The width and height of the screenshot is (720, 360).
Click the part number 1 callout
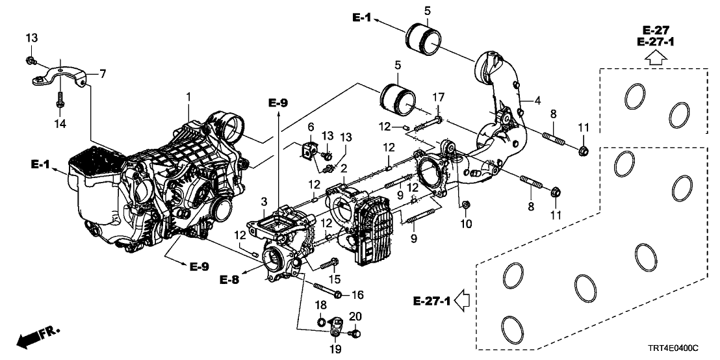188,97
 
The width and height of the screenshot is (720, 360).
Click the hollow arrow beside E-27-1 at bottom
463,300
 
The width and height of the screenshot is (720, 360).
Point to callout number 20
355,316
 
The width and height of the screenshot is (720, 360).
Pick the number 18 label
322,305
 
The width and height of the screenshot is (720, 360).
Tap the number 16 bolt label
357,294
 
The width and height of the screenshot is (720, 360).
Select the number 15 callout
335,279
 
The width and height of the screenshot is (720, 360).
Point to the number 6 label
311,127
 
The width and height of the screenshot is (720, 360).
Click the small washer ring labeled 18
322,321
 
